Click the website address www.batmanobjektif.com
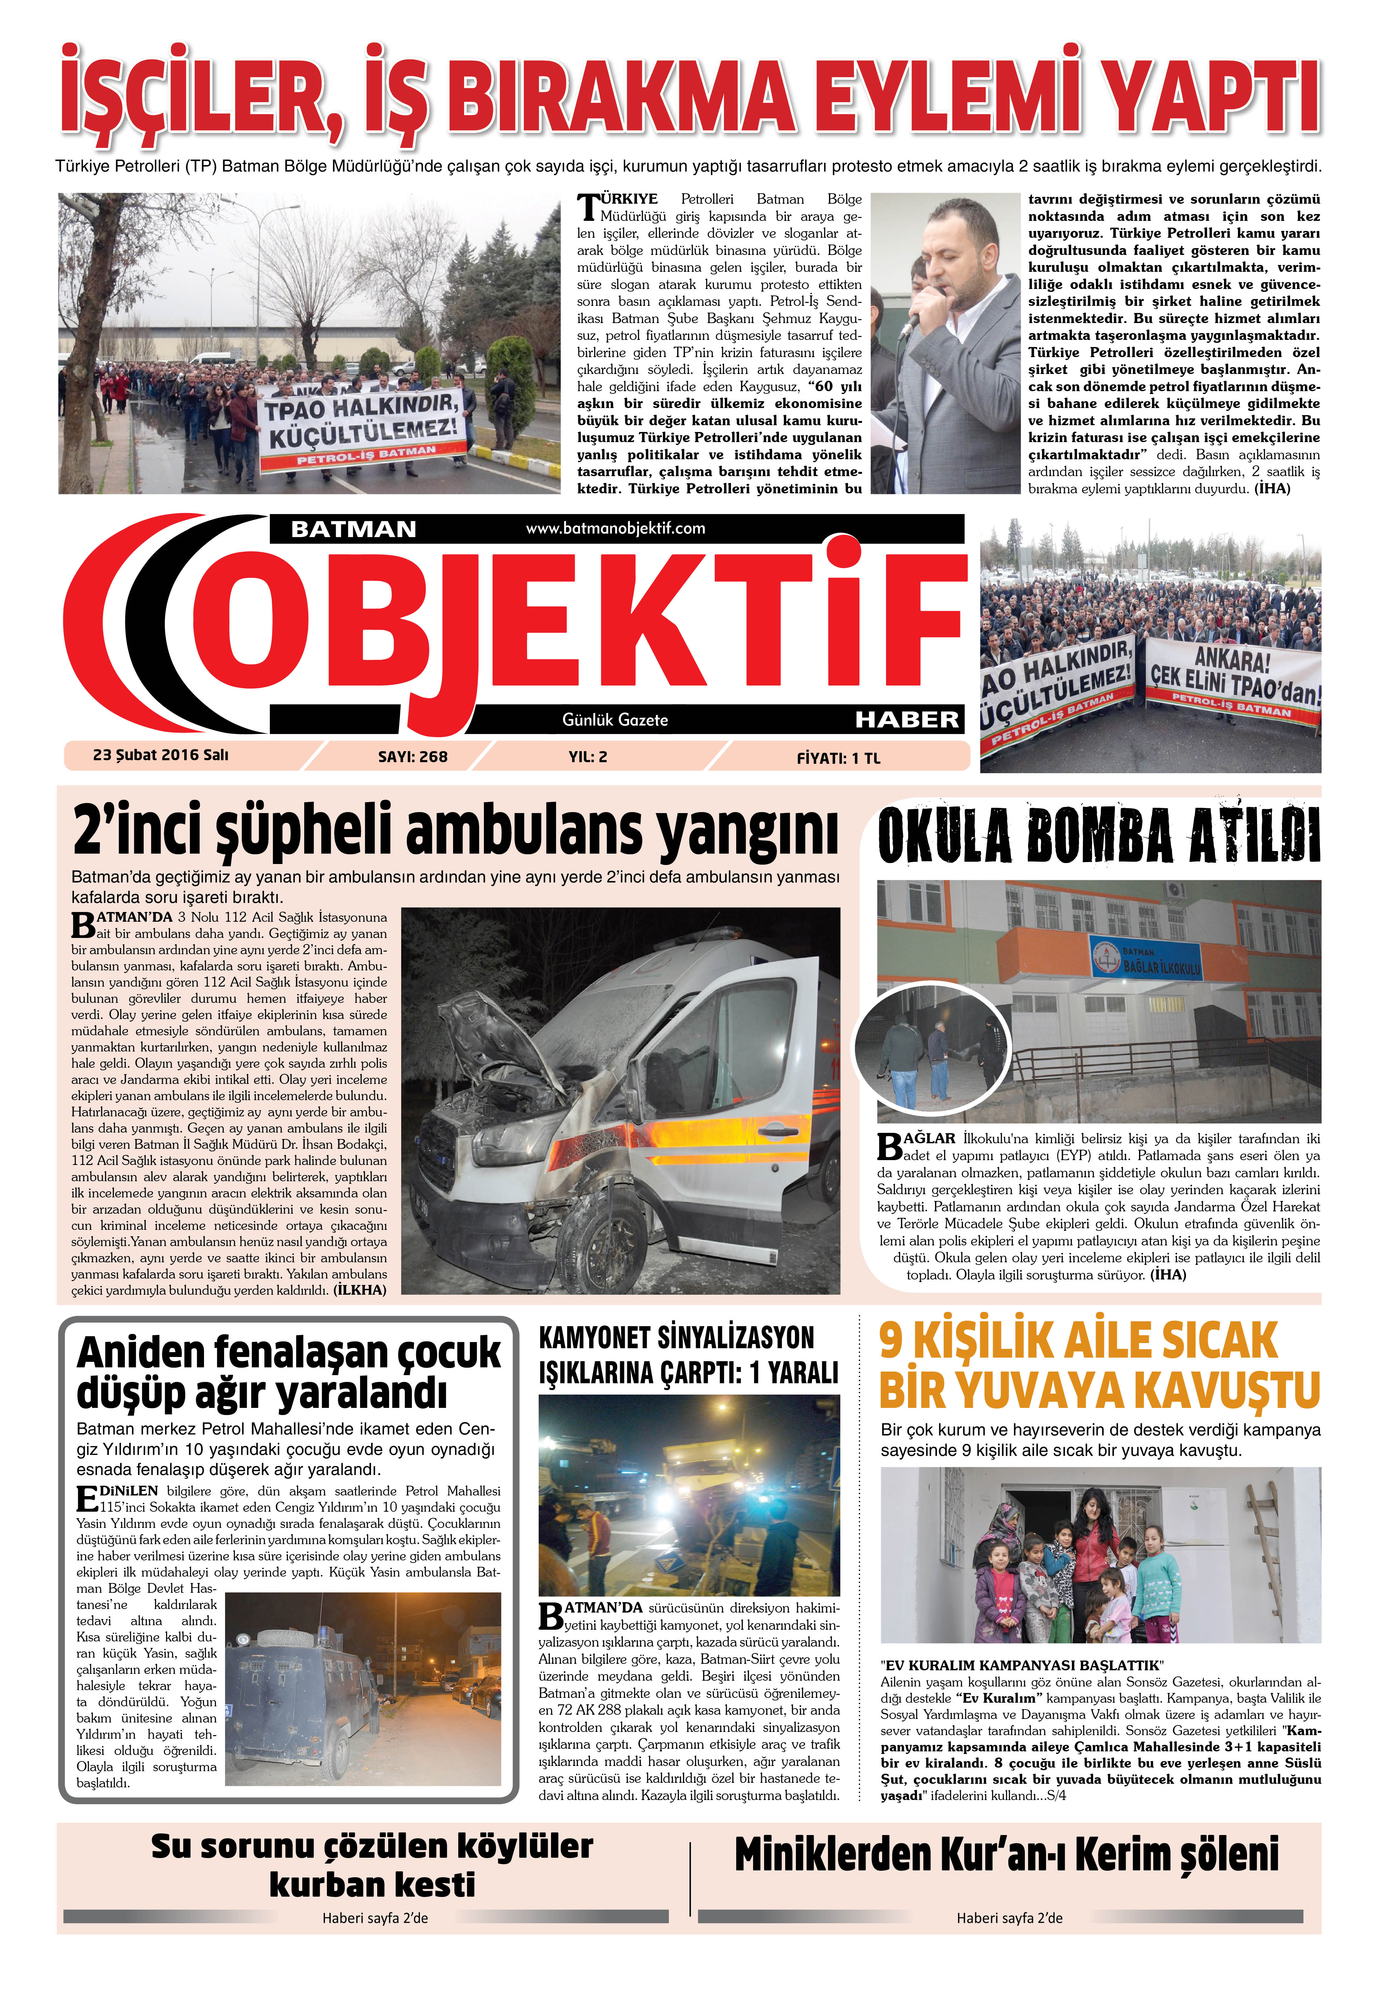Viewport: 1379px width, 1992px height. pos(615,528)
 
